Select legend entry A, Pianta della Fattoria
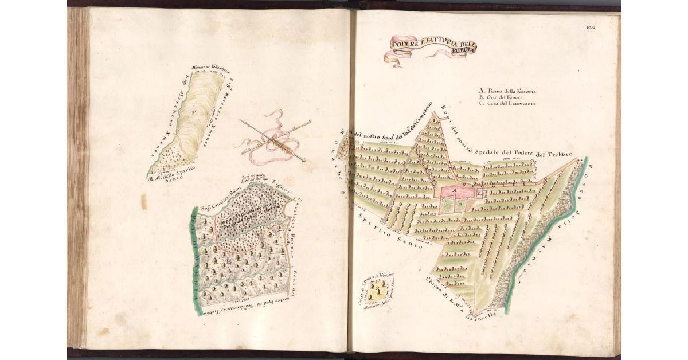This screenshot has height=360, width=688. pos(507,91)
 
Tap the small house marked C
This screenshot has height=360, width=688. pos(480,193)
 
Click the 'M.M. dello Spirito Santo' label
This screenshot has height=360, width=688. pos(172,174)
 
